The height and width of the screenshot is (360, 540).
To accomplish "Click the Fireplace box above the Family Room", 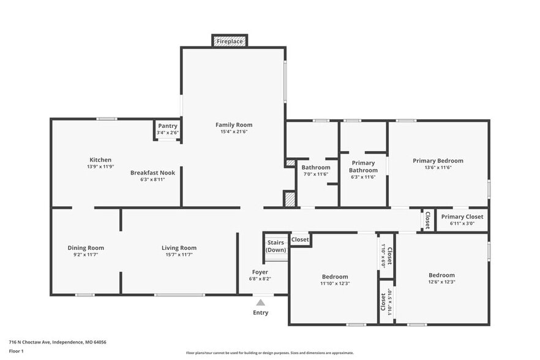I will click(230, 41).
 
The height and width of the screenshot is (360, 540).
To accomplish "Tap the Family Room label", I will click(233, 125).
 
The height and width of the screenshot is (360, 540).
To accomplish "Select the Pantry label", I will click(167, 126).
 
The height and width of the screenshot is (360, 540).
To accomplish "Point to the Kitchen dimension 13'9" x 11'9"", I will click(100, 167).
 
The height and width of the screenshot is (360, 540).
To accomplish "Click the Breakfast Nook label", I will click(152, 173).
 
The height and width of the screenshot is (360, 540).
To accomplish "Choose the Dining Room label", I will click(86, 248).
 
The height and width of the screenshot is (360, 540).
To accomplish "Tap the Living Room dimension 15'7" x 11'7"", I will click(179, 254).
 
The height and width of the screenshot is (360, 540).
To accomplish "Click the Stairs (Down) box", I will click(276, 246).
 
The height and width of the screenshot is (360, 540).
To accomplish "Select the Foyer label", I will click(260, 272).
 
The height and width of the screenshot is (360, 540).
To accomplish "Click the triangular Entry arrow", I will click(260, 302).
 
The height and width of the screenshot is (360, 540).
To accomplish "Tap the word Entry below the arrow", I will click(260, 313).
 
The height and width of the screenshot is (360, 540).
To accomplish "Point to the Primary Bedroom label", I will click(438, 161).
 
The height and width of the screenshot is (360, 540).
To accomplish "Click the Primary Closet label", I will click(462, 217).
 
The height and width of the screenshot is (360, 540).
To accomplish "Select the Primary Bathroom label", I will click(363, 167).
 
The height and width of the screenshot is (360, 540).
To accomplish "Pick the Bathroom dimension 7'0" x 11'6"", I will click(316, 174).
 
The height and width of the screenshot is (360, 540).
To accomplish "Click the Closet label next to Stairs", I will click(300, 239).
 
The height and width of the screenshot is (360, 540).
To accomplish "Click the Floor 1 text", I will click(17, 351).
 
